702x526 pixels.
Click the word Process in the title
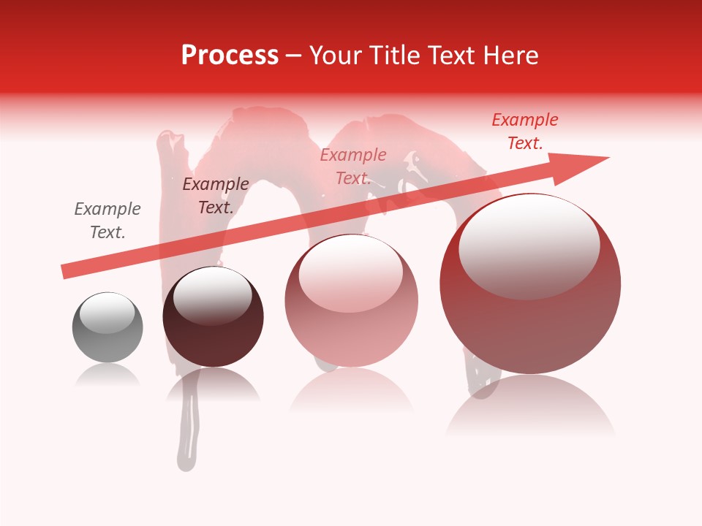pos(230,56)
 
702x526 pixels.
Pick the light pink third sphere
pos(351,329)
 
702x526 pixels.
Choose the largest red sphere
pos(530,321)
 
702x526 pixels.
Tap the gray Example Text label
pos(107,221)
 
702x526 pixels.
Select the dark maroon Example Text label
pos(215,196)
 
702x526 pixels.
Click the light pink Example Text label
pos(353,167)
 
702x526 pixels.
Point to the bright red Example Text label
pos(525,131)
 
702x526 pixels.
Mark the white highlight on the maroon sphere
pos(212,296)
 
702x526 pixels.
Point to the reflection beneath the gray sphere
pos(107,376)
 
